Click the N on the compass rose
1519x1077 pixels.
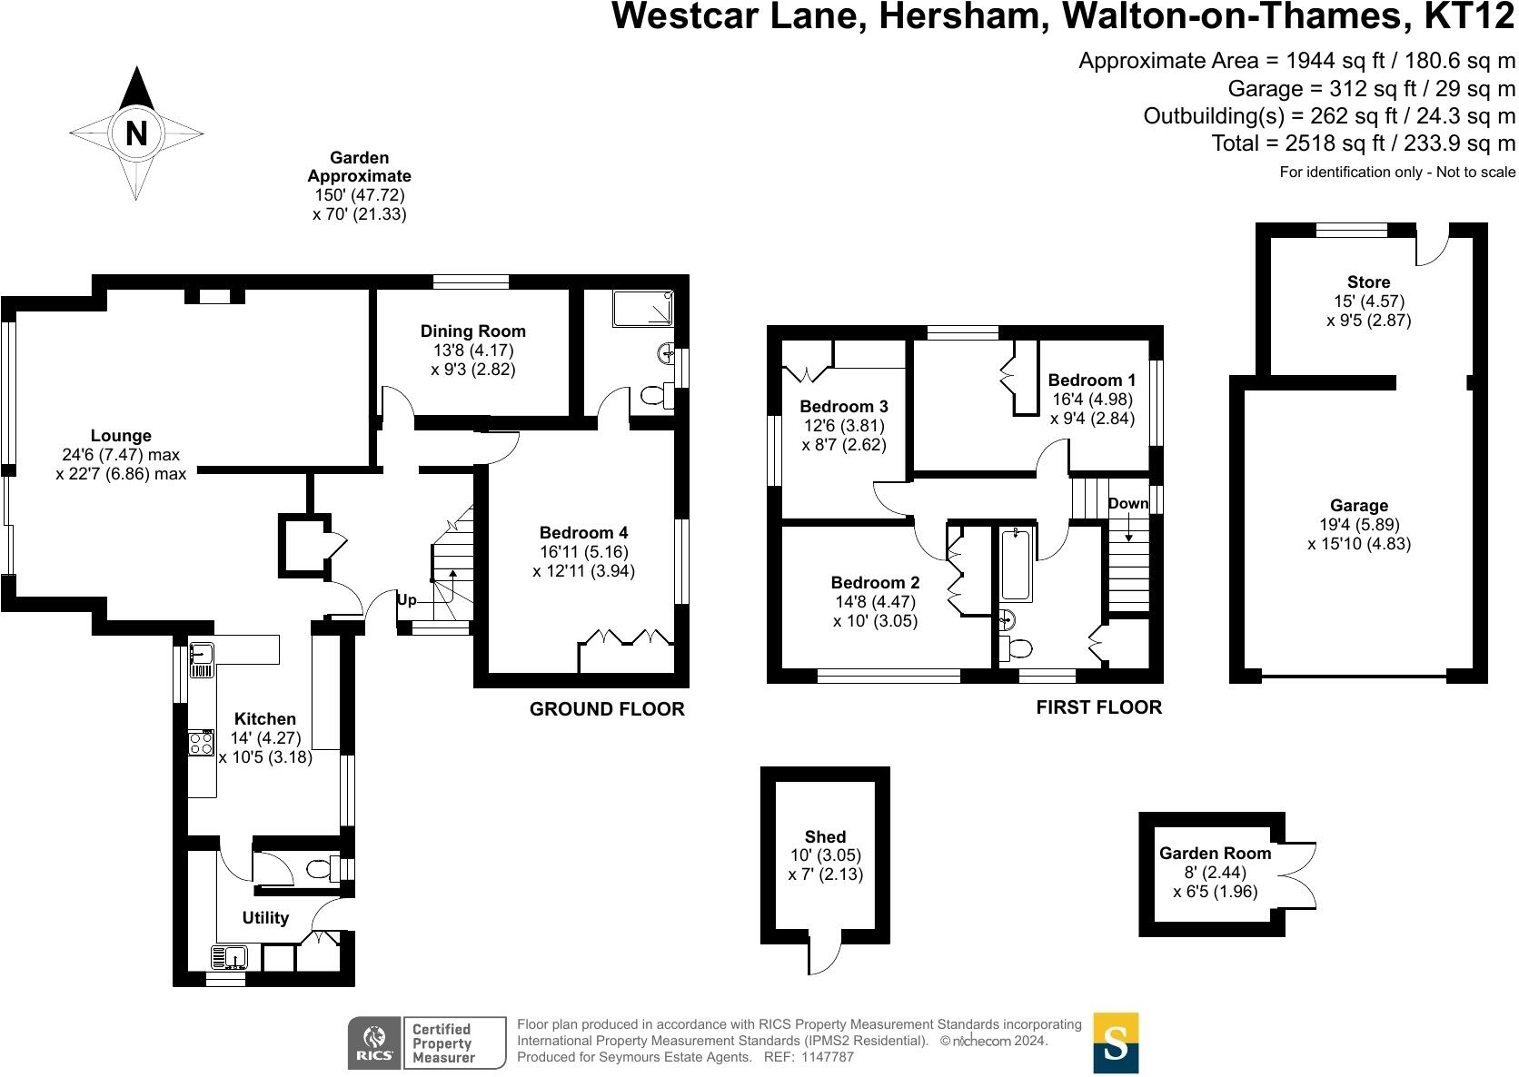pyautogui.click(x=136, y=134)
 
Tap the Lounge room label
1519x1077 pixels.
pyautogui.click(x=121, y=436)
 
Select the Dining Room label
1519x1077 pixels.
pyautogui.click(x=472, y=331)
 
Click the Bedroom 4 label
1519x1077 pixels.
pyautogui.click(x=583, y=532)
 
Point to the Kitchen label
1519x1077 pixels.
pyautogui.click(x=264, y=718)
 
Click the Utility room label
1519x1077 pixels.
pyautogui.click(x=265, y=917)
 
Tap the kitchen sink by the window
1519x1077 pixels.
pyautogui.click(x=201, y=660)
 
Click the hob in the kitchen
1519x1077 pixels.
pyautogui.click(x=201, y=744)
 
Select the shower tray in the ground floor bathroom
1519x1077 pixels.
pyautogui.click(x=642, y=309)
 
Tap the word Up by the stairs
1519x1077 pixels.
pyautogui.click(x=406, y=600)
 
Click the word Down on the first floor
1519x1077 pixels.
pyautogui.click(x=1128, y=503)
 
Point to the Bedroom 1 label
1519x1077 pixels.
pyautogui.click(x=1091, y=380)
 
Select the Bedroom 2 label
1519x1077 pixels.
pyautogui.click(x=875, y=583)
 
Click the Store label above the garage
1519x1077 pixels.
pyautogui.click(x=1368, y=282)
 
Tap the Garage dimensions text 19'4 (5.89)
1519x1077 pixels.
pyautogui.click(x=1359, y=525)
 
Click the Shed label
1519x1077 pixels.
pyautogui.click(x=825, y=836)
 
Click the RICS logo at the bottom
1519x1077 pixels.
pyautogui.click(x=372, y=1042)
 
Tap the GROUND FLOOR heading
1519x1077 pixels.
pyautogui.click(x=607, y=709)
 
